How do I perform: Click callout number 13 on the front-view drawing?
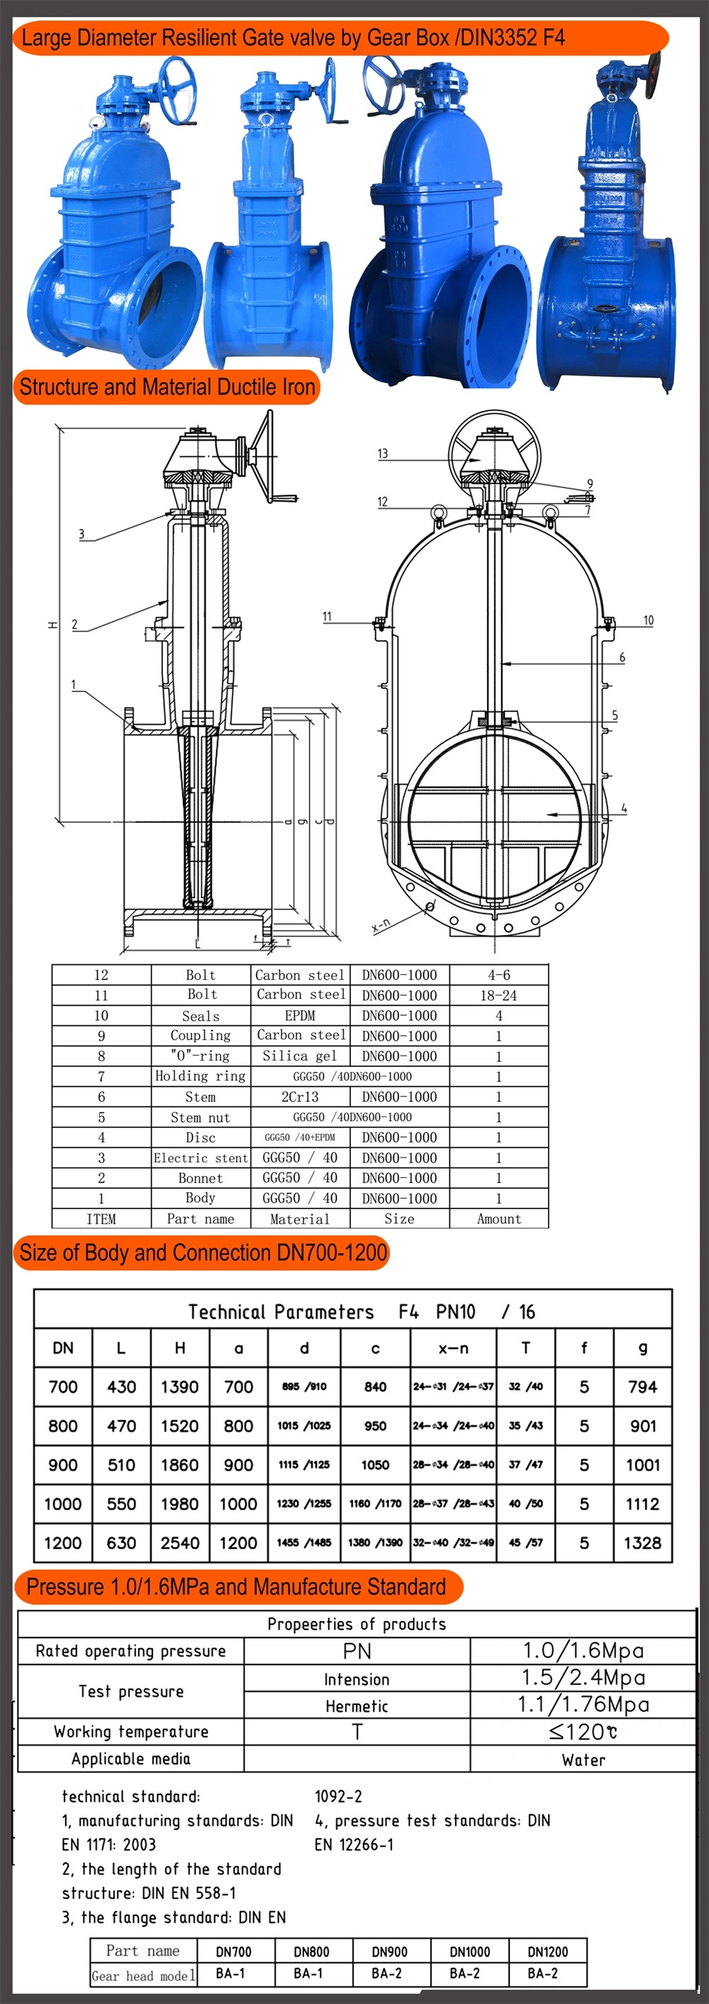382,453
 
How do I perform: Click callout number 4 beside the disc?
624,808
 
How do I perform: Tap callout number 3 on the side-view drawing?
81,533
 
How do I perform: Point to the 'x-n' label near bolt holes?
381,924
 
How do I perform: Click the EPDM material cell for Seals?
300,1015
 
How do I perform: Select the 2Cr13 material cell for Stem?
300,1096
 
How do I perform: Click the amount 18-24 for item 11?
499,995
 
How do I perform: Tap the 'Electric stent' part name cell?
201,1157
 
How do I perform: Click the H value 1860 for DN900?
180,1465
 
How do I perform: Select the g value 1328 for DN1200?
642,1543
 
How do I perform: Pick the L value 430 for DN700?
121,1387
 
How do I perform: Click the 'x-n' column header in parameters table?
453,1348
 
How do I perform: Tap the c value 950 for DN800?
375,1426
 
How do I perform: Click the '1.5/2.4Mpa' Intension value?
583,1677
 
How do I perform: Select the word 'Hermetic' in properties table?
357,1706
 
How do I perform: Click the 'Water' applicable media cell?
583,1760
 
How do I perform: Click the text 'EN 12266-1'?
354,1845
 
